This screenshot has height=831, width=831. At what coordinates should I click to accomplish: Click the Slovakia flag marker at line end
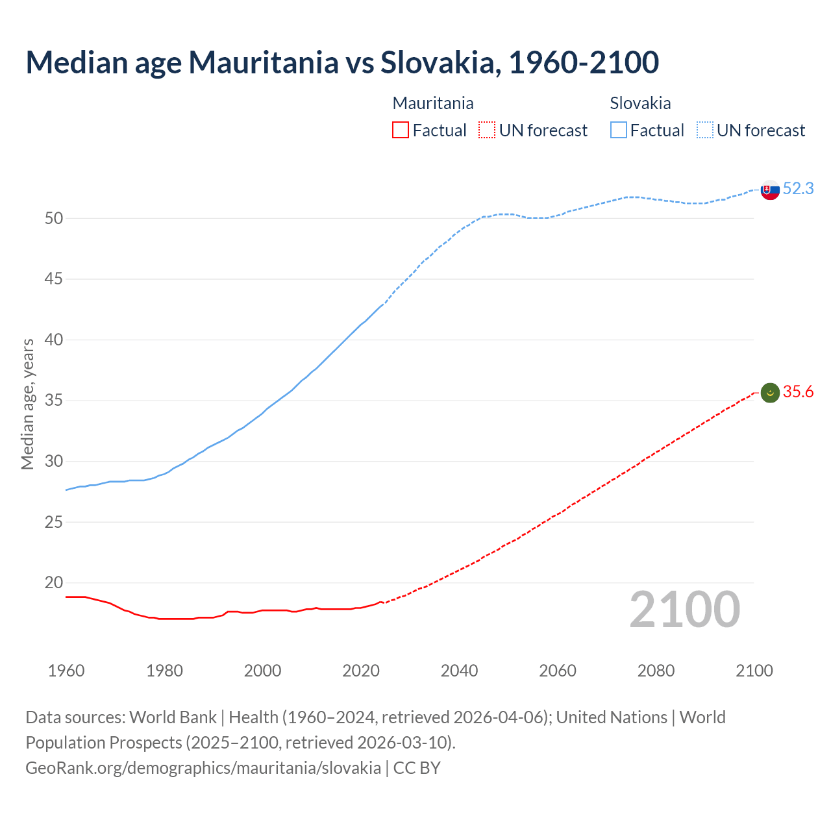tap(770, 190)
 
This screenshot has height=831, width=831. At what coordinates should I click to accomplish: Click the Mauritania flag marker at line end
tap(770, 393)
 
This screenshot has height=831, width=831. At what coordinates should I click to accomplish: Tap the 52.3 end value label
tap(798, 188)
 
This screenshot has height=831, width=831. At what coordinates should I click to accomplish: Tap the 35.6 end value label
tap(798, 391)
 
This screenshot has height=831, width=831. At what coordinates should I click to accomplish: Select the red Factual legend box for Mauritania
tap(401, 130)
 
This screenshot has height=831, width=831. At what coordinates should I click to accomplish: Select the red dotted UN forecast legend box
tap(487, 130)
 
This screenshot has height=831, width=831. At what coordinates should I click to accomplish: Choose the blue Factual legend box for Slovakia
tap(619, 130)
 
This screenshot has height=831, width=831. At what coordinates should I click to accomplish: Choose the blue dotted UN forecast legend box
tap(705, 130)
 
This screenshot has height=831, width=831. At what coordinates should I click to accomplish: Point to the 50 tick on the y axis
tap(54, 219)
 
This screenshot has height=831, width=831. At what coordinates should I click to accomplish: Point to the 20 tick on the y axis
tap(54, 583)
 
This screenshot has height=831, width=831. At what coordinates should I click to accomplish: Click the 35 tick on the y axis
tap(54, 401)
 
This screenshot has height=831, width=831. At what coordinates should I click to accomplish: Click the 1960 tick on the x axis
tap(66, 671)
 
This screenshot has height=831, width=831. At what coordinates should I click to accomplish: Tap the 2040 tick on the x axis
tap(459, 671)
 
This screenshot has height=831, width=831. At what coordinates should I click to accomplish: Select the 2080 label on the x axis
tap(656, 671)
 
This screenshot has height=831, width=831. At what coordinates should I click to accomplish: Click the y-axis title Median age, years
tap(27, 404)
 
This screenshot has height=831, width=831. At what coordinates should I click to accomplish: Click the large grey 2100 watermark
tap(684, 609)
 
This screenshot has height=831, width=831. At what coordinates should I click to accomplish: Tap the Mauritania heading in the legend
tap(433, 103)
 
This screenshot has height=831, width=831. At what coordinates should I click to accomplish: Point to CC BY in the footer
tap(417, 768)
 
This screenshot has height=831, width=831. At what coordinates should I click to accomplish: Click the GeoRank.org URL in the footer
tap(203, 768)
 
